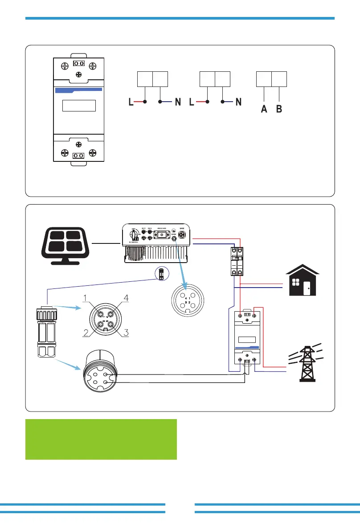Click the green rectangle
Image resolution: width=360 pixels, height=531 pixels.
[101, 439]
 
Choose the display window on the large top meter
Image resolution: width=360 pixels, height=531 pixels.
[79, 106]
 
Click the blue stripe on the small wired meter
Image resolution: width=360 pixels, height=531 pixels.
[246, 347]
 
